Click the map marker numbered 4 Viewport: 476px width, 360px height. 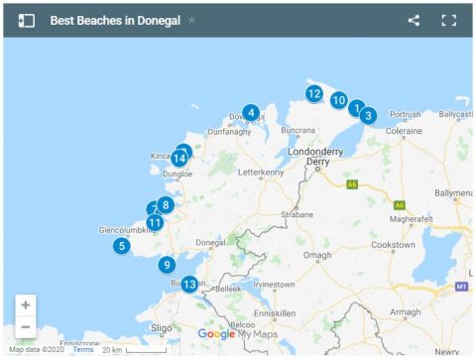tap(252, 112)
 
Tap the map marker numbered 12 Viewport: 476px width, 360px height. tap(313, 94)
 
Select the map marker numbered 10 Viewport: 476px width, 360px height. tap(338, 100)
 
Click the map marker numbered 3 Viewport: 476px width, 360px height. tap(368, 115)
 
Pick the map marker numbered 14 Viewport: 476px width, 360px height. tap(179, 158)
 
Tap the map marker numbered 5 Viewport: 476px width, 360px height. tap(121, 246)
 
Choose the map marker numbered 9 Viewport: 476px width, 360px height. tap(167, 265)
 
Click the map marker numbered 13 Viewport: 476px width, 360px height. tap(189, 284)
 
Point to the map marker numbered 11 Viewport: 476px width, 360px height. tap(155, 222)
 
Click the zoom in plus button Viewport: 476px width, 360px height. tap(26, 304)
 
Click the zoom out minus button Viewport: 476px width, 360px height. tap(26, 326)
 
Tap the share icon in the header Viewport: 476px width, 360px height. tap(414, 20)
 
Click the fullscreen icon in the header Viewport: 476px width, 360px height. tap(448, 20)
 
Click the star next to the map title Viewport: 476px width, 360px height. tap(191, 20)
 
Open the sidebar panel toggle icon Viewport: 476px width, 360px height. tap(27, 20)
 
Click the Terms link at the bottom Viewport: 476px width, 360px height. tap(82, 349)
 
